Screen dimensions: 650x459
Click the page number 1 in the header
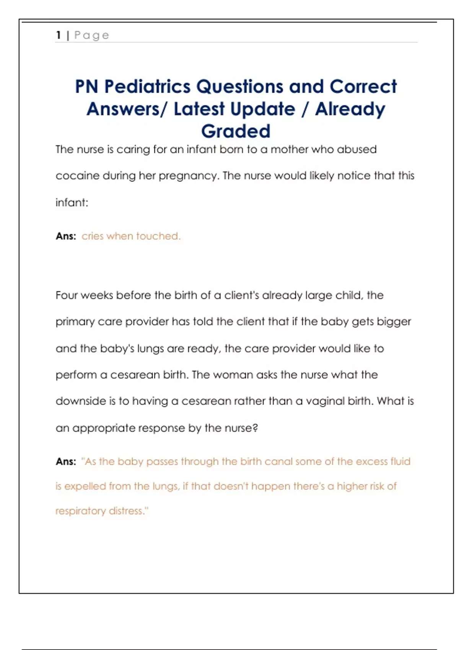(59, 35)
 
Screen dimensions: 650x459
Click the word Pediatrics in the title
(148, 86)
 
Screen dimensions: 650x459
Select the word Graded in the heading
(236, 131)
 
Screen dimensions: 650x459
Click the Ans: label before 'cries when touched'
(66, 236)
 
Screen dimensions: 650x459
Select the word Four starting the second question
(67, 295)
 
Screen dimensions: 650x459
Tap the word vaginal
(326, 401)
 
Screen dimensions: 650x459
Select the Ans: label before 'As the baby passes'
(66, 461)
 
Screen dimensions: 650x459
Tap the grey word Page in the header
(92, 35)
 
